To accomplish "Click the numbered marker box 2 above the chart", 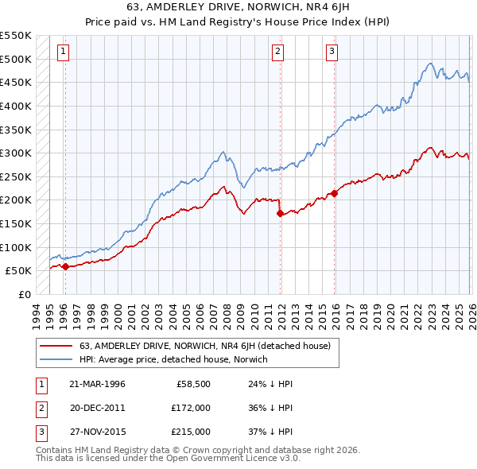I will pyautogui.click(x=278, y=52).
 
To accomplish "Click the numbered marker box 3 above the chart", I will pyautogui.click(x=332, y=52).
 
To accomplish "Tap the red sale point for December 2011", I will pyautogui.click(x=280, y=213).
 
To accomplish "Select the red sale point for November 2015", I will pyautogui.click(x=335, y=192).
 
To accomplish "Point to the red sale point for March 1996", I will pyautogui.click(x=65, y=266).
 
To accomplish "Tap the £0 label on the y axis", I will pyautogui.click(x=24, y=294).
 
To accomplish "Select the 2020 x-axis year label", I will pyautogui.click(x=391, y=312).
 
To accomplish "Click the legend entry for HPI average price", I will pyautogui.click(x=173, y=359).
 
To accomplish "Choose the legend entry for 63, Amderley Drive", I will pyautogui.click(x=209, y=345).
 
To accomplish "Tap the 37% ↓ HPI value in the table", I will pyautogui.click(x=270, y=432).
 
